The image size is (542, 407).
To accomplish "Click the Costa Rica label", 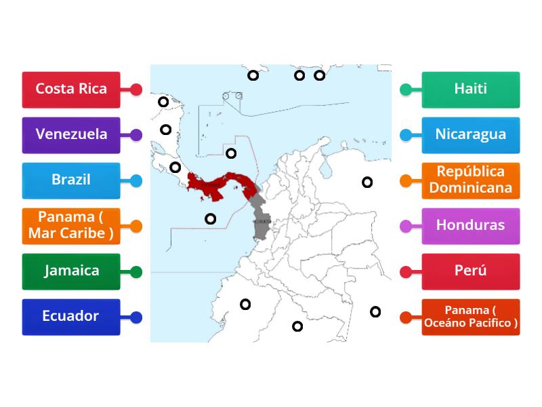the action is coord(71,90).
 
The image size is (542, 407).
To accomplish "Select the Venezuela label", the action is coord(71,135).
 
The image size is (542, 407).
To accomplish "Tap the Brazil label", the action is coord(71,180).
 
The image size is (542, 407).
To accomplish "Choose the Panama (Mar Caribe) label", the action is coord(71,226).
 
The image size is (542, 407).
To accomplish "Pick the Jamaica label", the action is coord(71,271).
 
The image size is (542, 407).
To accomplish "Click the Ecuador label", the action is coord(71,317).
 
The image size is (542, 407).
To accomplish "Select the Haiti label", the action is coord(471,90).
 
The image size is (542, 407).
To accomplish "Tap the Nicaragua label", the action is coord(471,135).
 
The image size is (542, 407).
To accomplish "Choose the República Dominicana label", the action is coord(471,180).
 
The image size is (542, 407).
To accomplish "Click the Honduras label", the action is coord(471,226).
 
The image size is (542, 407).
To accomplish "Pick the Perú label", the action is coord(471,271).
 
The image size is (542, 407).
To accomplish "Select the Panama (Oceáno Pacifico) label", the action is coord(471,317).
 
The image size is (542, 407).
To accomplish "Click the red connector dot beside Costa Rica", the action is coord(136,90).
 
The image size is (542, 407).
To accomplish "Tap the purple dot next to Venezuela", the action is coord(136,135).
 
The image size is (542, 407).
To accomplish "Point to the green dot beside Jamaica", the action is coord(136,272).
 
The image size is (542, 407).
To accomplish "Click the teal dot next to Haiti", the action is coord(406,90).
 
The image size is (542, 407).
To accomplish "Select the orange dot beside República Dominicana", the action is coord(406,180).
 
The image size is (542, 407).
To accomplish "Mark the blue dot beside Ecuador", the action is coord(136,317).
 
